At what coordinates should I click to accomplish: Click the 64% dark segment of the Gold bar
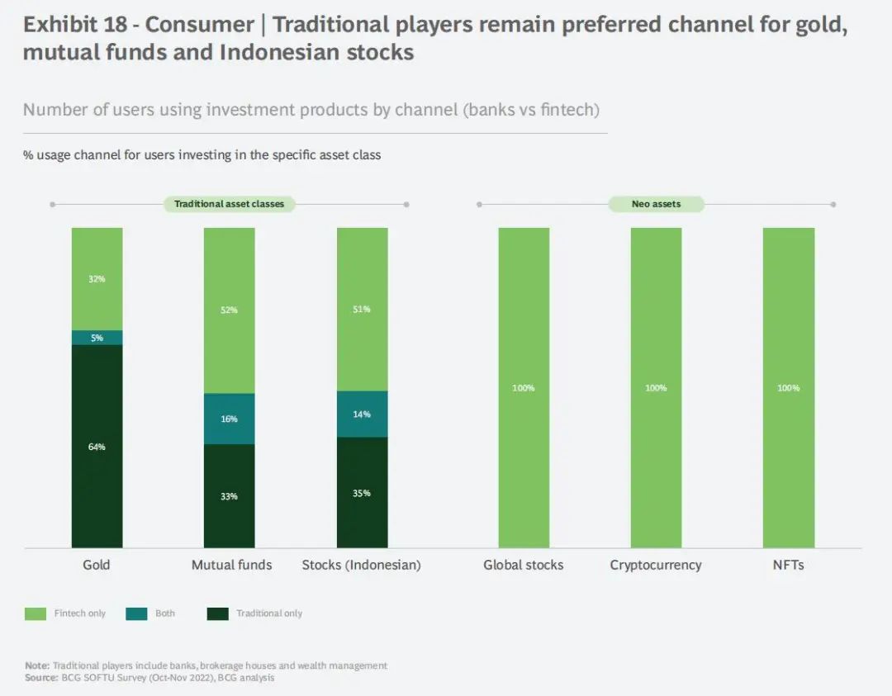click(x=97, y=446)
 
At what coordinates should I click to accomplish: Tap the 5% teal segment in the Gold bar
click(x=97, y=338)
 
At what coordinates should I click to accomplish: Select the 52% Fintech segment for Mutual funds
click(x=230, y=310)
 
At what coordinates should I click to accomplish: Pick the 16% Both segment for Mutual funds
click(x=230, y=419)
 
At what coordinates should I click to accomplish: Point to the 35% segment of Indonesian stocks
click(x=362, y=492)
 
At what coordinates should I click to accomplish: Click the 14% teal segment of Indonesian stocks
click(x=362, y=414)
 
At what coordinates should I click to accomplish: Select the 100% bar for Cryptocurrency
click(x=656, y=387)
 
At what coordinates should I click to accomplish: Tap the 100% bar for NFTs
click(x=788, y=387)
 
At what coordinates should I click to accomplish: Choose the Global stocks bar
click(x=524, y=387)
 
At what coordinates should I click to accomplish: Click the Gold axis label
click(x=97, y=566)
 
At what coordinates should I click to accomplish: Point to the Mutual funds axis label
click(x=231, y=566)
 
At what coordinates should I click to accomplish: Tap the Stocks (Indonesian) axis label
click(x=362, y=566)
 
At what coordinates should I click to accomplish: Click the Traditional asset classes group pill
click(x=230, y=204)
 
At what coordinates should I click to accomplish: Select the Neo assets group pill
click(x=656, y=204)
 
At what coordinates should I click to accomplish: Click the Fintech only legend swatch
click(x=36, y=613)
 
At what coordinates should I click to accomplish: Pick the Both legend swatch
click(x=136, y=613)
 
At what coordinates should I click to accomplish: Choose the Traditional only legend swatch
click(x=217, y=613)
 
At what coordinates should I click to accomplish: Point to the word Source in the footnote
click(x=40, y=678)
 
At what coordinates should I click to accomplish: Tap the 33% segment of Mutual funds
click(x=230, y=496)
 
